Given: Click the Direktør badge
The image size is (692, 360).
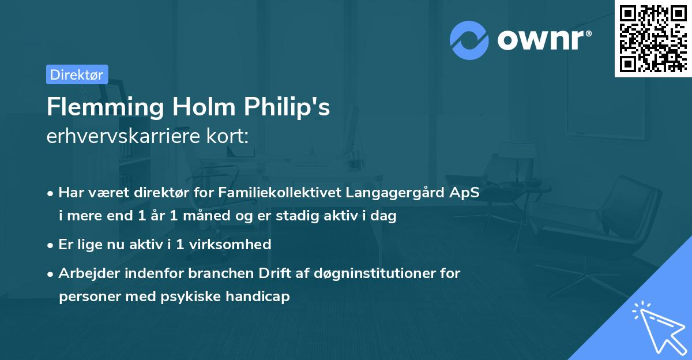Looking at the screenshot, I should (x=77, y=74).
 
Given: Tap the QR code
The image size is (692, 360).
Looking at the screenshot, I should (x=653, y=38).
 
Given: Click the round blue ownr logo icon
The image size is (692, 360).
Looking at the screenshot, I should (x=469, y=40).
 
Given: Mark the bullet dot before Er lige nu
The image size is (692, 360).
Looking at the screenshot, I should (x=51, y=245).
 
